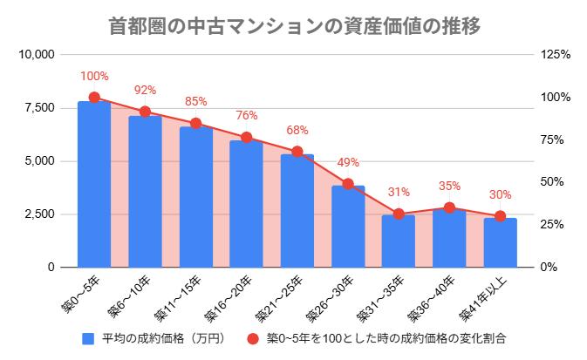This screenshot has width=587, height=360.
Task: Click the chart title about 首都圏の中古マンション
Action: (296, 26)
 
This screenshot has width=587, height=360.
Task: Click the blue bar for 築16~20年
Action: (247, 204)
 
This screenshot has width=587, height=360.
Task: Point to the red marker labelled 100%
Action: (94, 98)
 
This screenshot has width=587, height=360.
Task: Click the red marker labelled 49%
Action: (348, 184)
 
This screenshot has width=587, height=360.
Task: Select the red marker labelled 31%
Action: (399, 214)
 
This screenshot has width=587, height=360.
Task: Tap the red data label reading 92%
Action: (145, 90)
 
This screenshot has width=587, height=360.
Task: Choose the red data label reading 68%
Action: (297, 131)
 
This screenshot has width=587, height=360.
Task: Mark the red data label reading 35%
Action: (450, 186)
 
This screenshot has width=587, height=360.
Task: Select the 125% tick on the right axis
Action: (555, 55)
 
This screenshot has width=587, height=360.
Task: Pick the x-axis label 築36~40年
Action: (433, 297)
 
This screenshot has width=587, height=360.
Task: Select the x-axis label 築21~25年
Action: (280, 297)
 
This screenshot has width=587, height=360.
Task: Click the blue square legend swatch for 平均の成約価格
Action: (87, 337)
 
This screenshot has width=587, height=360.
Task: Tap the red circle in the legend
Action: (253, 337)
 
